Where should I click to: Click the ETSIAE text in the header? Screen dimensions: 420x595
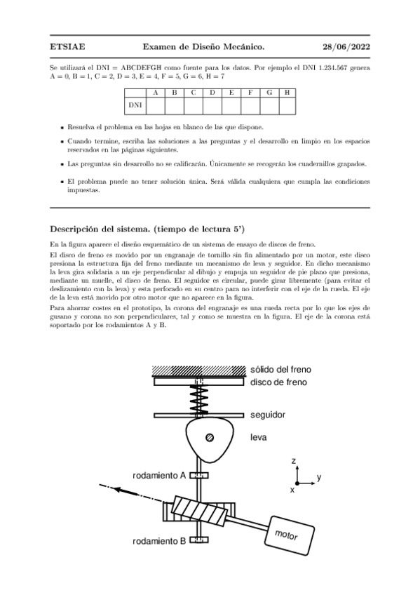pyautogui.click(x=67, y=47)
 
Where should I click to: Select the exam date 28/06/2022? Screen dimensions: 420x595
pyautogui.click(x=346, y=47)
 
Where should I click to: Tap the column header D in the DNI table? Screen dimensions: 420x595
pyautogui.click(x=212, y=93)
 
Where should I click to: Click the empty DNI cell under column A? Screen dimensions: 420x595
pyautogui.click(x=156, y=105)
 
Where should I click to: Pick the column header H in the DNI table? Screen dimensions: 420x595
pyautogui.click(x=287, y=93)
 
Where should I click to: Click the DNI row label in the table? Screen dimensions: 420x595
pyautogui.click(x=135, y=105)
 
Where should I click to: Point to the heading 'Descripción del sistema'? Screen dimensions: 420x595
pyautogui.click(x=147, y=229)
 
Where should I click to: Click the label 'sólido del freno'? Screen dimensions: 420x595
pyautogui.click(x=280, y=369)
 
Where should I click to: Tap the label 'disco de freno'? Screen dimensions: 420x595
pyautogui.click(x=278, y=382)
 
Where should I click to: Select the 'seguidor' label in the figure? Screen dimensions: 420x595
pyautogui.click(x=268, y=415)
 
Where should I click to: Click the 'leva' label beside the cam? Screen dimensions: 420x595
pyautogui.click(x=259, y=437)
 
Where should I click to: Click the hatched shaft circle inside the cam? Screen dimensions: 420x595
pyautogui.click(x=209, y=438)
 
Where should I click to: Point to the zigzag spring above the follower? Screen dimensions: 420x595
pyautogui.click(x=198, y=399)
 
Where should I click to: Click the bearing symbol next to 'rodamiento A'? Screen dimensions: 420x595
pyautogui.click(x=199, y=475)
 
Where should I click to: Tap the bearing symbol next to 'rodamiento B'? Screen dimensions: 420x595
pyautogui.click(x=199, y=540)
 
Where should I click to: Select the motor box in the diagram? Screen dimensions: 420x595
pyautogui.click(x=289, y=535)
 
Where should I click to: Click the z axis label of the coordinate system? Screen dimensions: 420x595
pyautogui.click(x=293, y=461)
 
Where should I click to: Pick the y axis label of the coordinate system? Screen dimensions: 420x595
pyautogui.click(x=319, y=477)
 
